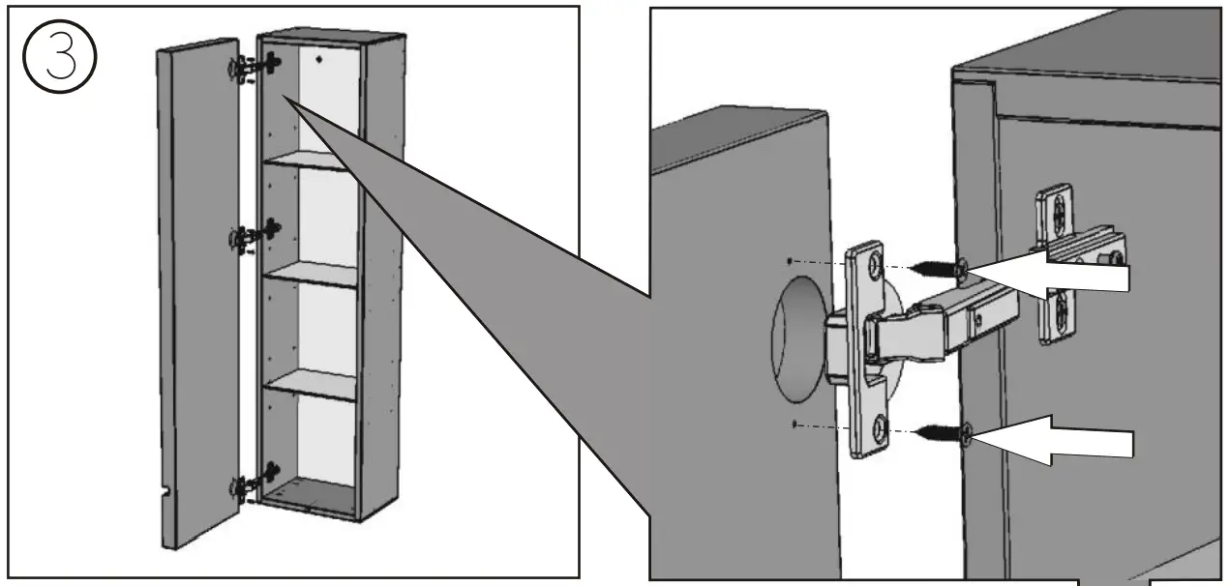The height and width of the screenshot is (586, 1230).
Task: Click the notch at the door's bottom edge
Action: [x=166, y=494]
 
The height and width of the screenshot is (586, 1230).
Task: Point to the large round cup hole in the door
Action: [x=796, y=337]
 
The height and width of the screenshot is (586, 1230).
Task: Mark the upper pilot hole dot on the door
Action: [x=792, y=261]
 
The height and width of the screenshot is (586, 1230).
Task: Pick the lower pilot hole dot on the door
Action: [x=794, y=424]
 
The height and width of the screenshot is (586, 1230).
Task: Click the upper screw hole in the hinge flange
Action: [x=874, y=265]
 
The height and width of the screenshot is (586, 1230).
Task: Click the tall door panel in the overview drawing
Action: [x=197, y=280]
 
